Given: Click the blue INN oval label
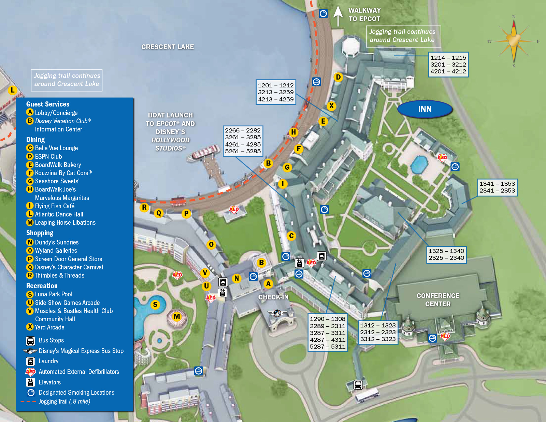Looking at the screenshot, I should click(x=425, y=109).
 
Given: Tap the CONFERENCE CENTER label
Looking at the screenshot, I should click(x=438, y=300).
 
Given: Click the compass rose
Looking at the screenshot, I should click(x=514, y=40).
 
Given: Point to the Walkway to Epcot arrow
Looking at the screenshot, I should click(x=338, y=15).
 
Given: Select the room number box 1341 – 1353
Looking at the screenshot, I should click(x=497, y=187).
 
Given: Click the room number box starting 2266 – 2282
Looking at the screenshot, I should click(x=243, y=141).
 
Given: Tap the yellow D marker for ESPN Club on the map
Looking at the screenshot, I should click(x=338, y=77).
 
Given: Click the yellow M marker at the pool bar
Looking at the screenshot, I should click(x=177, y=316).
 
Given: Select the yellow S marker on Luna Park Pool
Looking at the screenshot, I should click(x=155, y=305).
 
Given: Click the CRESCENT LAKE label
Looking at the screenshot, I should click(x=168, y=47).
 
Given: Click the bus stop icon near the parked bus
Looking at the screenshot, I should click(x=358, y=385).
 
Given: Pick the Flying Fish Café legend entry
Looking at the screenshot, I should click(x=55, y=206).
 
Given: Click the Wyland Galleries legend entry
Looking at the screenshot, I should click(x=56, y=250).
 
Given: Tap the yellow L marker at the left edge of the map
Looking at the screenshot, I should click(x=13, y=90).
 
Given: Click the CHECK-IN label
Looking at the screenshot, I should click(x=273, y=297).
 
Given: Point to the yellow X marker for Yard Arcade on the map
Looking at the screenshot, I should click(x=331, y=106).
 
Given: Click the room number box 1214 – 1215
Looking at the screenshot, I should click(x=448, y=65).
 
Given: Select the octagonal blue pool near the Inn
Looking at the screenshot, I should click(x=419, y=164).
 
